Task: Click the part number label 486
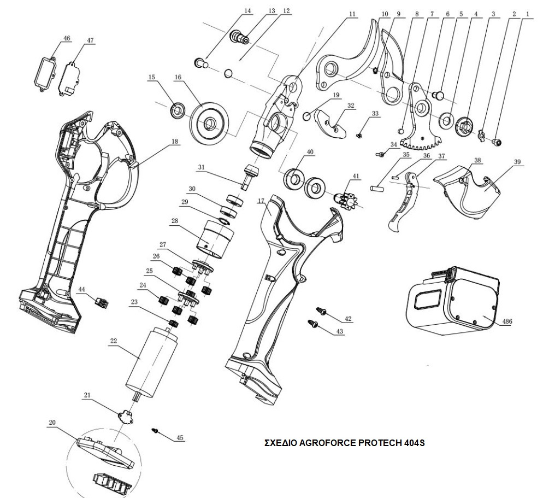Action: point(507,321)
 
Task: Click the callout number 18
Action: point(175,142)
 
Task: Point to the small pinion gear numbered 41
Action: point(345,197)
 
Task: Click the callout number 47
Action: point(91,40)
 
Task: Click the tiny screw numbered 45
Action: point(156,431)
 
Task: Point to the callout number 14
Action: point(248,10)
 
